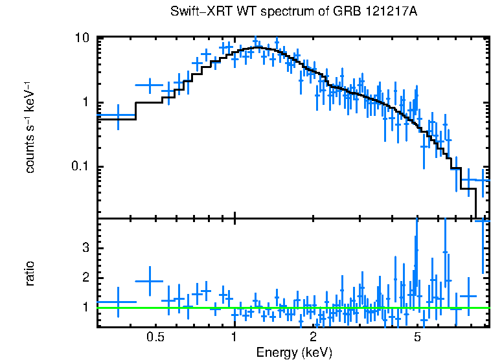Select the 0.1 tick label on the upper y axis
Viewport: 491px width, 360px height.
coord(78,167)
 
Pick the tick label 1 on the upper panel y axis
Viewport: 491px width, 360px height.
coord(85,103)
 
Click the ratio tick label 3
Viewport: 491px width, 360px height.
coord(85,249)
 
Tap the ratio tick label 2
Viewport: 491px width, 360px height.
coord(85,278)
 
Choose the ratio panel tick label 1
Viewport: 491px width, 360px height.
coord(85,307)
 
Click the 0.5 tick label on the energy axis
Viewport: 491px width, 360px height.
coord(155,337)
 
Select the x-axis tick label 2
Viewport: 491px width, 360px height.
coord(313,337)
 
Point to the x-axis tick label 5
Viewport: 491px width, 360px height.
coord(417,337)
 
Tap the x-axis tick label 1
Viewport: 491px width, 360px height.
coord(234,337)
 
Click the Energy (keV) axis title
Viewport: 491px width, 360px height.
coord(294,352)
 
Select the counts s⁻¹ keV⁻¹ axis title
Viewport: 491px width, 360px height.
coord(30,127)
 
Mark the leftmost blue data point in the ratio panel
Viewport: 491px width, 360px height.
coord(118,302)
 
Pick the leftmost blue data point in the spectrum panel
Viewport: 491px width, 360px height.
coord(118,116)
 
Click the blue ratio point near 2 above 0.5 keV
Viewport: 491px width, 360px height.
coord(150,280)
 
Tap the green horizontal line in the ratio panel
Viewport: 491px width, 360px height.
coord(291,308)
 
